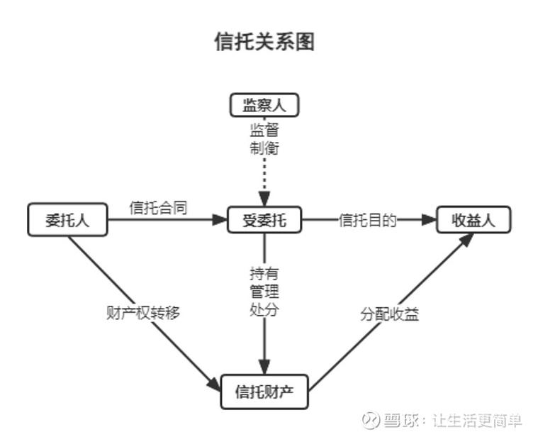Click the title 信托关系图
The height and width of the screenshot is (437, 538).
264,42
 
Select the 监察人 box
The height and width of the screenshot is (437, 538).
264,106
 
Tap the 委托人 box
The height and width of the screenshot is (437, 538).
67,220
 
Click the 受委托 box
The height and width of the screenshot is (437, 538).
264,220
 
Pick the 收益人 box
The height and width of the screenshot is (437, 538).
473,220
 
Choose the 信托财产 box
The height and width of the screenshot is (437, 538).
264,392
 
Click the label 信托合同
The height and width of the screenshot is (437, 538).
158,207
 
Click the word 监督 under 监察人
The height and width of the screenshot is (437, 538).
264,131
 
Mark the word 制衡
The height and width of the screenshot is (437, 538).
264,148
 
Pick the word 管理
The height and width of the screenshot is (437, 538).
264,291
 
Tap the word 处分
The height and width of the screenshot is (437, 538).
264,309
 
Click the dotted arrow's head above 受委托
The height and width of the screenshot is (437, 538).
264,201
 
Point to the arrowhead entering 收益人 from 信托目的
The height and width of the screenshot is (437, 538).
428,220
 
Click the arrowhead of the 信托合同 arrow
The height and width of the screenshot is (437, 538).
219,220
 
